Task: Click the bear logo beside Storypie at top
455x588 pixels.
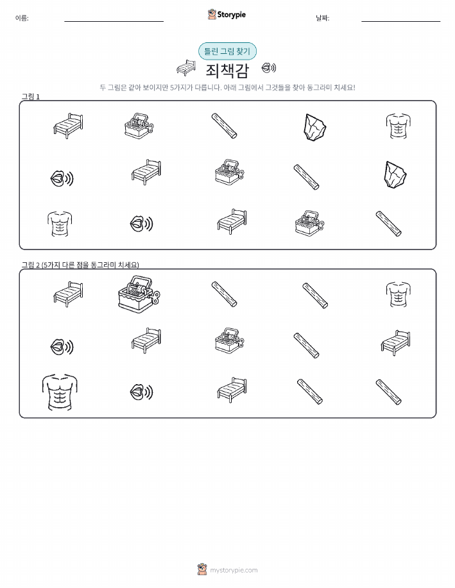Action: click(212, 15)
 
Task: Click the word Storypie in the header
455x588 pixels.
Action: click(232, 15)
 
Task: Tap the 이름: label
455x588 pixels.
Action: click(22, 18)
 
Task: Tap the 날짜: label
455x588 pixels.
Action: click(323, 18)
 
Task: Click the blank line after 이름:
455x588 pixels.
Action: click(114, 21)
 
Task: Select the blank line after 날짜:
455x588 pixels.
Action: click(401, 21)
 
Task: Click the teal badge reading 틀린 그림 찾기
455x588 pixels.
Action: click(227, 51)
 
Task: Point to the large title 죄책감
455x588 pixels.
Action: click(227, 70)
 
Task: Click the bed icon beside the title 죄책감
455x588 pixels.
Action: click(186, 67)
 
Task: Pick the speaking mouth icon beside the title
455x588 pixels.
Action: click(269, 68)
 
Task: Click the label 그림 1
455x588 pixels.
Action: click(30, 97)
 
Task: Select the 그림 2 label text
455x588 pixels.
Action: click(80, 265)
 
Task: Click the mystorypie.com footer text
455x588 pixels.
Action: click(234, 571)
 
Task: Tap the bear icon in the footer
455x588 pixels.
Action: click(202, 569)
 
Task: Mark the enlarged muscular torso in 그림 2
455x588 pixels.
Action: click(60, 392)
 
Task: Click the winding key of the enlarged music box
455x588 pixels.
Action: click(155, 298)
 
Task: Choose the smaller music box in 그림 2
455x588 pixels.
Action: click(229, 340)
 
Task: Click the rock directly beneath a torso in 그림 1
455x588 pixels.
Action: click(395, 175)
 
